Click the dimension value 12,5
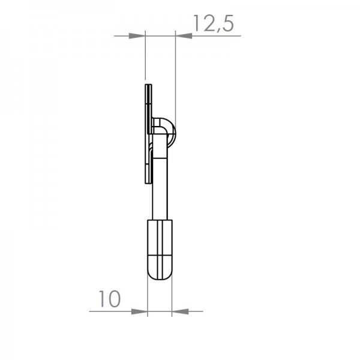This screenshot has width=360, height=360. tap(214, 23)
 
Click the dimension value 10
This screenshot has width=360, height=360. tap(110, 299)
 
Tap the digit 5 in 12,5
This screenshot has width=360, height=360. tap(227, 23)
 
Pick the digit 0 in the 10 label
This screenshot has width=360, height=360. tap(113, 299)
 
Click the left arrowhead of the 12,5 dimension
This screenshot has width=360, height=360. tap(137, 36)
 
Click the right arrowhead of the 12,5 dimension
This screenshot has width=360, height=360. tap(184, 36)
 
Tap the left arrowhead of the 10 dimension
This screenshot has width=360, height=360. tap(139, 311)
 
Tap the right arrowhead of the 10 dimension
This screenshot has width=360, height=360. tap(180, 311)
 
